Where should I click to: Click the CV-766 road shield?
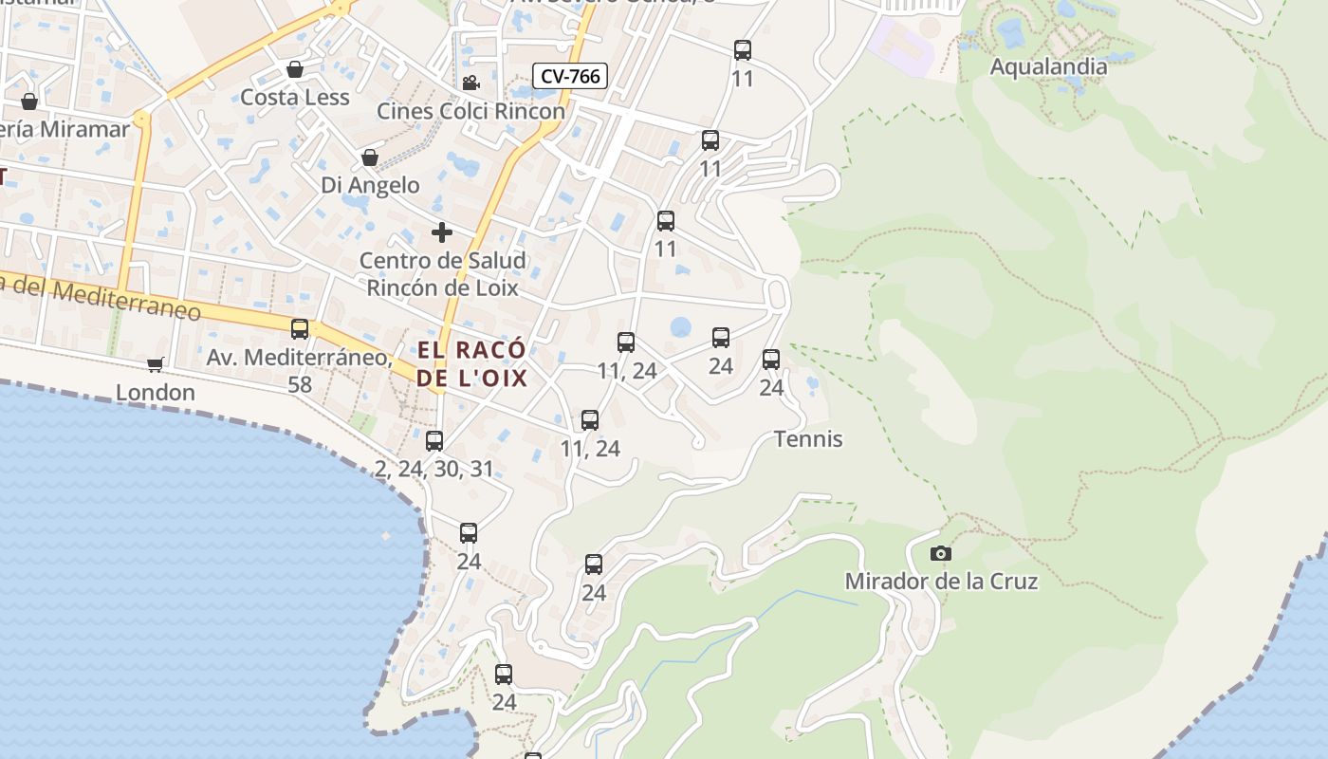[x=569, y=76]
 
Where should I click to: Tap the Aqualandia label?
[x=1048, y=66]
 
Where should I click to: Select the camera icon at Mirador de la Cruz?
[x=941, y=554]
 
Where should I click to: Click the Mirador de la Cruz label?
[x=941, y=581]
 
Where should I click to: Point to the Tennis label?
[x=808, y=439]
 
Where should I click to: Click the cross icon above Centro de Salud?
[x=442, y=231]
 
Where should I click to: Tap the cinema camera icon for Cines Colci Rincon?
[x=470, y=83]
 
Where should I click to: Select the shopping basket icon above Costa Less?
[x=295, y=69]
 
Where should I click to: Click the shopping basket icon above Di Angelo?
[x=370, y=157]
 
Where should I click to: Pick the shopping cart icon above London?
[x=155, y=364]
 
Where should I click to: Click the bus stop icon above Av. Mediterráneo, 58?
[x=300, y=329]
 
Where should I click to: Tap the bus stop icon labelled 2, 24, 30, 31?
[x=434, y=440]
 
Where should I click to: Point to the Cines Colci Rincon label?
[x=470, y=111]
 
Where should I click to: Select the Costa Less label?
[x=295, y=97]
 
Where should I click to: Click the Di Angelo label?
[x=370, y=185]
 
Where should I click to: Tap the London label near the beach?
[x=156, y=392]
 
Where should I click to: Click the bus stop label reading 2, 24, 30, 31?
[x=434, y=469]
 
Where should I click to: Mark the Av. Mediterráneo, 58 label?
[x=300, y=371]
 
